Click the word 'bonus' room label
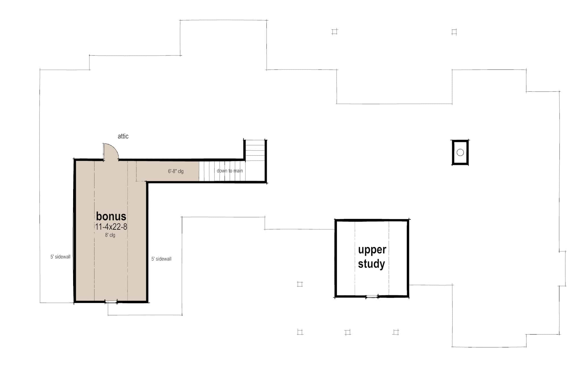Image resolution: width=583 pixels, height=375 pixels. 111,216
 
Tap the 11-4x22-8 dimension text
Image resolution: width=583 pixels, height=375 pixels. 111,227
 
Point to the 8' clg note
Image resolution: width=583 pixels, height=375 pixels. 110,235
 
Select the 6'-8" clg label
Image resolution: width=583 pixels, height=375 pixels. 176,171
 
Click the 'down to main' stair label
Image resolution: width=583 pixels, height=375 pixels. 230,171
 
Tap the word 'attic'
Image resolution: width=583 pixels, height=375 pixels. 123,136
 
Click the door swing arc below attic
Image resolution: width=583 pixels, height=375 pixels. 112,150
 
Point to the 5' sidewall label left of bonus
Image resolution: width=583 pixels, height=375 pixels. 60,257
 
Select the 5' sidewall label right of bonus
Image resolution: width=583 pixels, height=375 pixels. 161,259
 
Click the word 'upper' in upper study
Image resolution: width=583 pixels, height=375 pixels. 372,250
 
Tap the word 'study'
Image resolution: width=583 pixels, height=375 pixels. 371,264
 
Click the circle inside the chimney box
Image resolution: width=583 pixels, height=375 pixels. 460,152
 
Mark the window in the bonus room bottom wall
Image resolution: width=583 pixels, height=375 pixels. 111,301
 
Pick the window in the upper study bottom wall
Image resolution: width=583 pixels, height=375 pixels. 372,297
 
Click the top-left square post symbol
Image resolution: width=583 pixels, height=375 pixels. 334,32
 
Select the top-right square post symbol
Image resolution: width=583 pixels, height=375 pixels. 454,32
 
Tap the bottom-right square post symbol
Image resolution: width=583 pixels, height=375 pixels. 396,332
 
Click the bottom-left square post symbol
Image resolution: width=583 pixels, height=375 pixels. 300,332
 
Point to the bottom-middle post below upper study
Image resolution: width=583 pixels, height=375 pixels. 347,332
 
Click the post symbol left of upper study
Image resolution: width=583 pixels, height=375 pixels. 300,284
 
